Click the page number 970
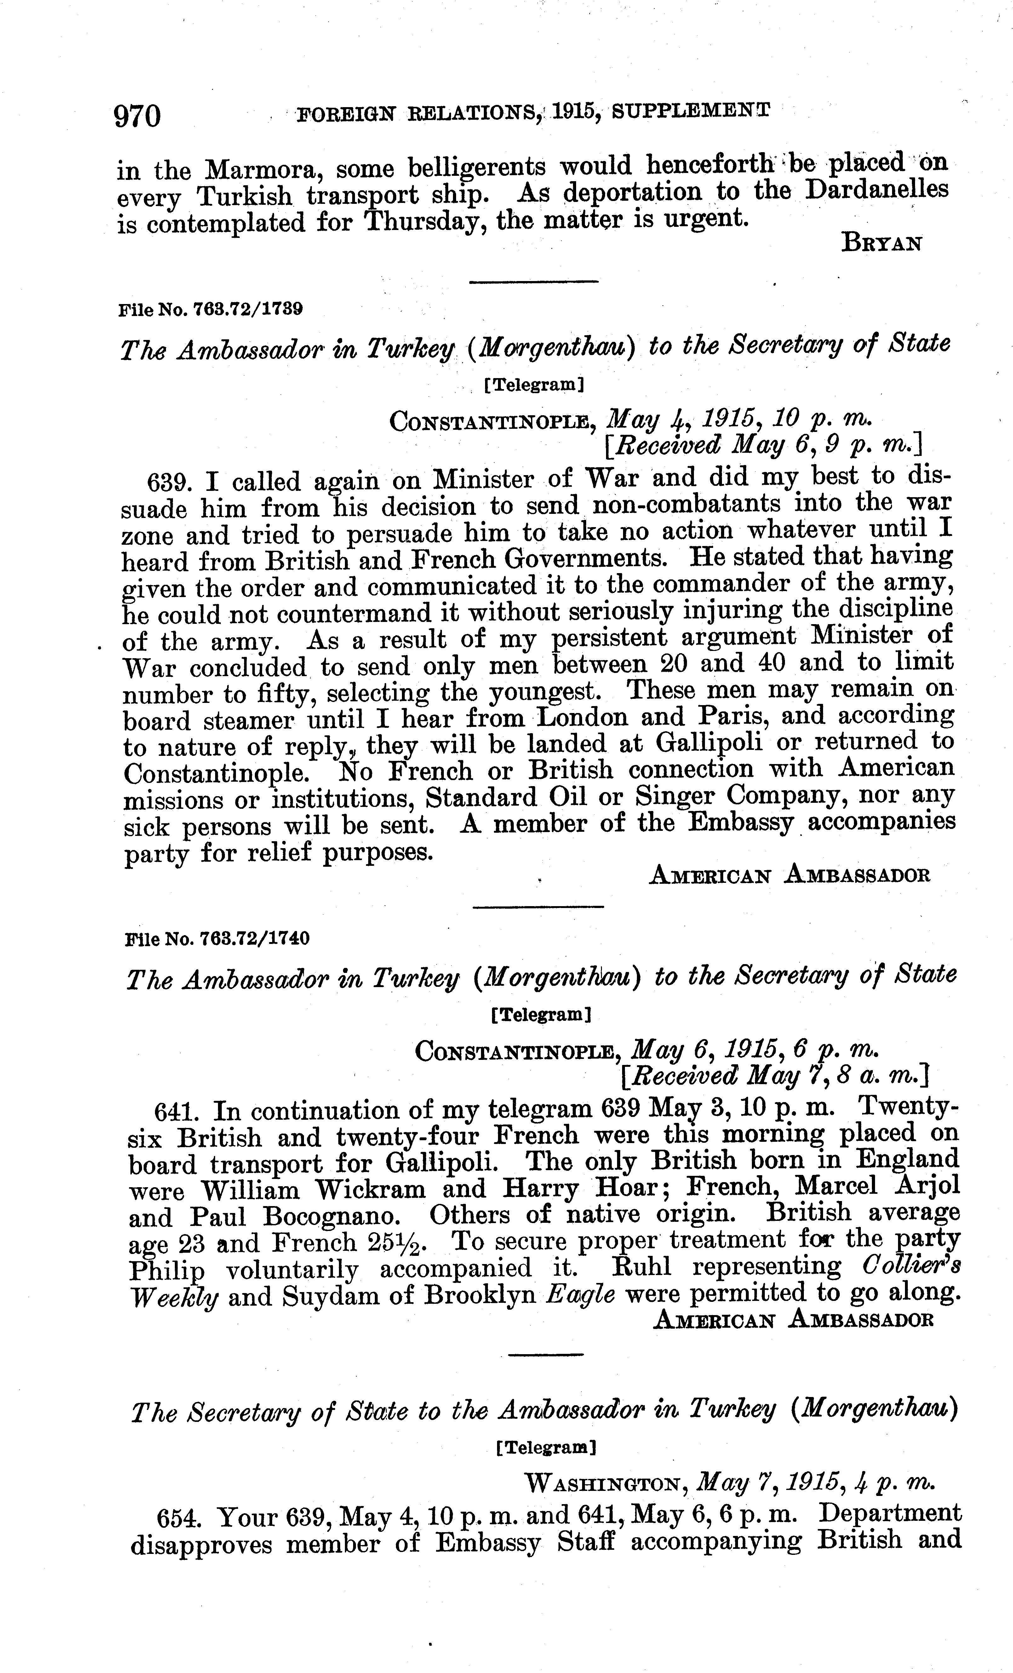coord(138,115)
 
